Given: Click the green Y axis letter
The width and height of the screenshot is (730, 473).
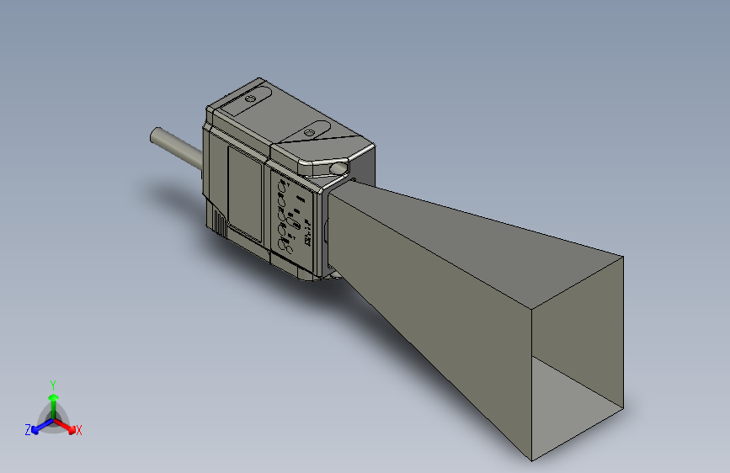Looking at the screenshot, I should tap(53, 384).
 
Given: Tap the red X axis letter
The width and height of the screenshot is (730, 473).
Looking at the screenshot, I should tap(79, 430).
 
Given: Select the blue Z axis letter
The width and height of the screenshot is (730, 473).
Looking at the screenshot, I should tap(28, 429).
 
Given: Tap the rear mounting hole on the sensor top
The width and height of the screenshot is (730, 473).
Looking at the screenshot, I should tap(249, 98).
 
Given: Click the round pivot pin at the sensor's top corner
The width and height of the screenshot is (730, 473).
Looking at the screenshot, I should tap(338, 169).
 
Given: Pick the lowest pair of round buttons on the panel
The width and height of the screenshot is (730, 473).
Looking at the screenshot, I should tap(285, 246).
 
